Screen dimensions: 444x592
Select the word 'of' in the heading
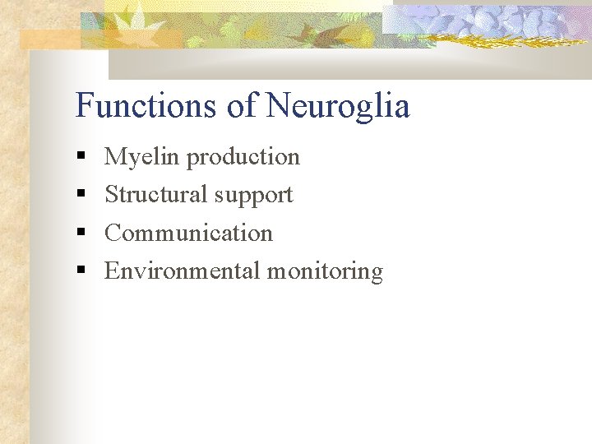pyautogui.click(x=245, y=106)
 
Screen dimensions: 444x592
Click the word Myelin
pyautogui.click(x=142, y=157)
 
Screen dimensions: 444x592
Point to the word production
pyautogui.click(x=243, y=157)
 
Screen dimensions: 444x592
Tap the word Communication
pyautogui.click(x=188, y=233)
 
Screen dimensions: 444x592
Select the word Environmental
pyautogui.click(x=182, y=271)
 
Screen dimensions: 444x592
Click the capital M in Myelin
pyautogui.click(x=115, y=156)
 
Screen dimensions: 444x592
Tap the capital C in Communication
pyautogui.click(x=113, y=233)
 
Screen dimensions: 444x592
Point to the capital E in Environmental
pyautogui.click(x=112, y=271)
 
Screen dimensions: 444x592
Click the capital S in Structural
pyautogui.click(x=111, y=194)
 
